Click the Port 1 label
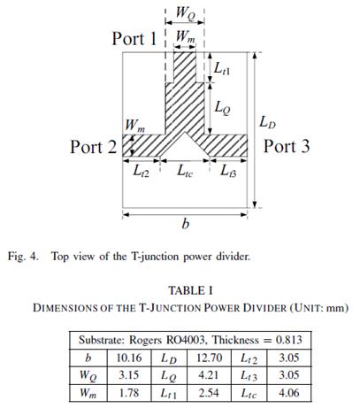pyautogui.click(x=134, y=38)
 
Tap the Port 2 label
pyautogui.click(x=94, y=147)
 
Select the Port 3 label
pyautogui.click(x=287, y=146)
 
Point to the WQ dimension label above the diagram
pyautogui.click(x=186, y=13)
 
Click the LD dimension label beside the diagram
pyautogui.click(x=267, y=122)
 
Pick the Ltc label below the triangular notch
pyautogui.click(x=185, y=171)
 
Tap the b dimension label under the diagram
pyautogui.click(x=185, y=224)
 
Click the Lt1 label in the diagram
pyautogui.click(x=222, y=69)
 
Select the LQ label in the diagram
pyautogui.click(x=222, y=108)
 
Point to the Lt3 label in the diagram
pyautogui.click(x=228, y=171)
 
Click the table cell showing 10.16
pyautogui.click(x=129, y=358)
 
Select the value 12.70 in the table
pyautogui.click(x=210, y=358)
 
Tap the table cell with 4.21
pyautogui.click(x=209, y=375)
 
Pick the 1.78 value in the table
pyautogui.click(x=129, y=393)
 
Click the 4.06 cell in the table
pyautogui.click(x=289, y=393)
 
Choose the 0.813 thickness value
pyautogui.click(x=289, y=340)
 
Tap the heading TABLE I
pyautogui.click(x=190, y=291)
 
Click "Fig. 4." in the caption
pyautogui.click(x=23, y=257)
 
